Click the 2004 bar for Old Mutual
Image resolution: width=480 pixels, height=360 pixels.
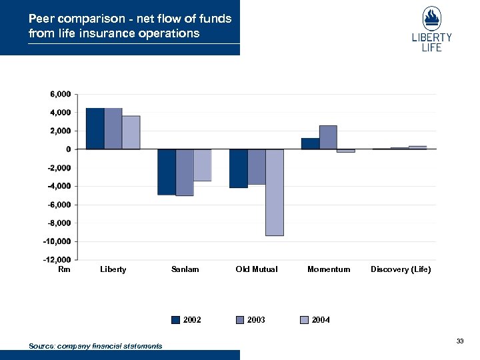point(274,192)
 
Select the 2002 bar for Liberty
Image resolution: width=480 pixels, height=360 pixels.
point(95,129)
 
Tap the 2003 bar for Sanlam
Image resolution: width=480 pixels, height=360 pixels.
point(185,172)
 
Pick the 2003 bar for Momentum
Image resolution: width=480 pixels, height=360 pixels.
point(328,137)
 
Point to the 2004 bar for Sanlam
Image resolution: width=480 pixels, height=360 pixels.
point(203,165)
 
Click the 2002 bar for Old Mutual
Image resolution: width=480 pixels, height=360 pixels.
point(238,169)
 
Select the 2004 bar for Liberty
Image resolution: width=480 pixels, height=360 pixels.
point(131,133)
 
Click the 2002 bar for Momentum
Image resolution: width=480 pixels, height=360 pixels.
point(310,143)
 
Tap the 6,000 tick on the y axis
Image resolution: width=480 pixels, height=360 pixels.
point(60,95)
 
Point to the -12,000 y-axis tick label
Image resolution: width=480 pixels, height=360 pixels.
point(57,259)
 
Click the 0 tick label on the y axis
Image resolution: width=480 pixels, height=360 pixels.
point(67,149)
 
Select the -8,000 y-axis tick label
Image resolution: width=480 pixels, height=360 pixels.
point(59,223)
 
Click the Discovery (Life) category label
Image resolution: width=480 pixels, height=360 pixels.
point(401,269)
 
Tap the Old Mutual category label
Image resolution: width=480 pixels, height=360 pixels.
point(257,269)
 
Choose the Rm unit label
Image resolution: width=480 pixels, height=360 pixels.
point(64,269)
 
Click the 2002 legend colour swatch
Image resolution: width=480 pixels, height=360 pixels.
point(176,320)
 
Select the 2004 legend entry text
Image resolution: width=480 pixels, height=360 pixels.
point(321,320)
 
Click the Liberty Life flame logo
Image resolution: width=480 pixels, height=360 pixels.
point(431,19)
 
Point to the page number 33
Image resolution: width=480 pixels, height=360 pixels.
point(460,341)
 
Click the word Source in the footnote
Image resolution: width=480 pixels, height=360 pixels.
point(42,346)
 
